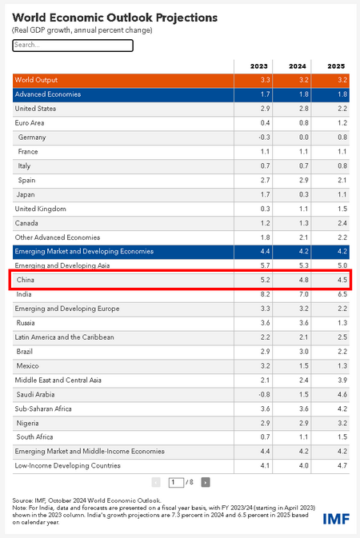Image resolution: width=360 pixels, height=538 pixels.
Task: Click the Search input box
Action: pyautogui.click(x=73, y=46)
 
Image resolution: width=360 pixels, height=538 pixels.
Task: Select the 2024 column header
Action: pyautogui.click(x=297, y=66)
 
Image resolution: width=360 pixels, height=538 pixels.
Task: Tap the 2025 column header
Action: pyautogui.click(x=336, y=66)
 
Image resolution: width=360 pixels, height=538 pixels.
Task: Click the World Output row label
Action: pyautogui.click(x=36, y=80)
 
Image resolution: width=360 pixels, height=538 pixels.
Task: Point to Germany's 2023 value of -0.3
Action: pyautogui.click(x=264, y=137)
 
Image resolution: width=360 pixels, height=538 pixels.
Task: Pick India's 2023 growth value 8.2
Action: pyautogui.click(x=265, y=294)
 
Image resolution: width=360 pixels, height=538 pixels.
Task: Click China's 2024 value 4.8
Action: pyautogui.click(x=304, y=280)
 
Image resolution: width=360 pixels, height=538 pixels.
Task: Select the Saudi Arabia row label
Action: pyautogui.click(x=35, y=395)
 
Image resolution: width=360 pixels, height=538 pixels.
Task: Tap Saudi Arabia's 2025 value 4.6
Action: pyautogui.click(x=342, y=395)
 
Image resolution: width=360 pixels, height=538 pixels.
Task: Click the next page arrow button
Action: pyautogui.click(x=206, y=482)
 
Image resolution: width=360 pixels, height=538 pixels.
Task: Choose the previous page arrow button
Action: pyautogui.click(x=156, y=482)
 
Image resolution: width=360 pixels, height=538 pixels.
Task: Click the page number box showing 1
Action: pyautogui.click(x=176, y=482)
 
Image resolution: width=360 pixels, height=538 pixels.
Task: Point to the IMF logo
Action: pyautogui.click(x=336, y=519)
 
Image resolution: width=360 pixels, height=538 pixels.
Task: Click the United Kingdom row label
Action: pyautogui.click(x=40, y=209)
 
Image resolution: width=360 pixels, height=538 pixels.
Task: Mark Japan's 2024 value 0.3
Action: pyautogui.click(x=304, y=194)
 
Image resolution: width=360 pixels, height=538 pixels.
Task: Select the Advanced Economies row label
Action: pyautogui.click(x=48, y=94)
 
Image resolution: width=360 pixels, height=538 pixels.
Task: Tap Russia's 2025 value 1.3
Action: pyautogui.click(x=342, y=323)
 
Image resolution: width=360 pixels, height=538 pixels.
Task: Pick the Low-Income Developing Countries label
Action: pyautogui.click(x=68, y=465)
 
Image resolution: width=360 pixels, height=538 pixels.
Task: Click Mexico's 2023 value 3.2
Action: pyautogui.click(x=265, y=366)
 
